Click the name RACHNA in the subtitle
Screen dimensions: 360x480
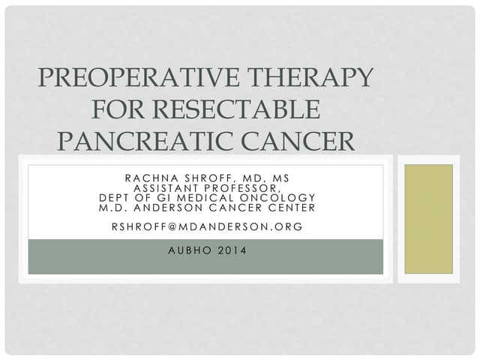click(x=149, y=178)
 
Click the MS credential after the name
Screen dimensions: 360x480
click(x=278, y=178)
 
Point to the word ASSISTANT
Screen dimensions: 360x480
click(x=165, y=188)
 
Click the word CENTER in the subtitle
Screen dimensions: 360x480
click(x=286, y=208)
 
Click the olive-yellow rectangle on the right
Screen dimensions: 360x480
click(x=429, y=218)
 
